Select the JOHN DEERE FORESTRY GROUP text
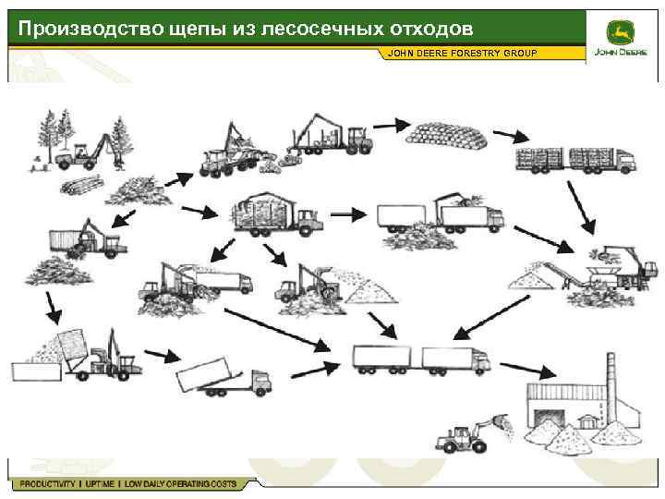point(462,53)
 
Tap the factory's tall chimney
point(610,384)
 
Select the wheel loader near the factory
point(466,434)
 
